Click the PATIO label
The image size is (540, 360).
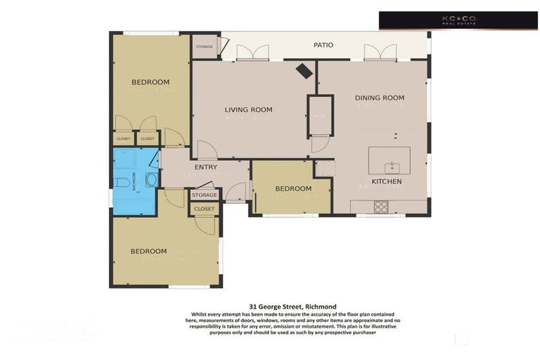pos(323,45)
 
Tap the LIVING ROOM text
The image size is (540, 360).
pos(248,110)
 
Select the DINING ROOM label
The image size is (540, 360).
pos(379,98)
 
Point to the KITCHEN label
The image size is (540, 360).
pos(386,181)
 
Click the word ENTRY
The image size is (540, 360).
pos(206,167)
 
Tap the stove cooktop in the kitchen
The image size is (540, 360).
pos(380,207)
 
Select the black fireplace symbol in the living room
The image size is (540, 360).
pos(304,71)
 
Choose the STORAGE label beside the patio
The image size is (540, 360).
pos(204,47)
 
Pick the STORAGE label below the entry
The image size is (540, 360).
pos(204,195)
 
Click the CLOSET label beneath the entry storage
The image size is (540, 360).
pos(204,209)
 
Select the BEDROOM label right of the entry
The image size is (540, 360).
pos(292,188)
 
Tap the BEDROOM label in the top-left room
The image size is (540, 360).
pos(150,82)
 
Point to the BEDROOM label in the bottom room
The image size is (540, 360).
pos(148,251)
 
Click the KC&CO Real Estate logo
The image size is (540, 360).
pos(458,20)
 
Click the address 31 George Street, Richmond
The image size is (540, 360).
pos(292,307)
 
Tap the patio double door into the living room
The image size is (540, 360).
pos(252,53)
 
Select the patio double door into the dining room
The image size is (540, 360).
pos(379,53)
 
